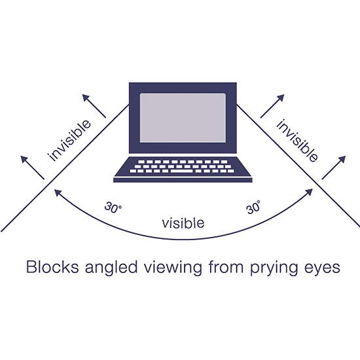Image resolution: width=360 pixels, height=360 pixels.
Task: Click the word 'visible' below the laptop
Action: [183, 223]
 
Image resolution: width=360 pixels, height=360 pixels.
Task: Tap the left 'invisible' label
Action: [69, 141]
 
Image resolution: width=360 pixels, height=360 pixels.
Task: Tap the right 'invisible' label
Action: [298, 141]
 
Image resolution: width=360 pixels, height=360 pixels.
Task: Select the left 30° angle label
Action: [113, 207]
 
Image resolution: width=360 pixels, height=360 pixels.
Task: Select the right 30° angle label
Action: [253, 207]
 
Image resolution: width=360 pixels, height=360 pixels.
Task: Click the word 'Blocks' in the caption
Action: [52, 267]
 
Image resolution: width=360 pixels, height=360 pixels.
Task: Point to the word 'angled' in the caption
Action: [111, 268]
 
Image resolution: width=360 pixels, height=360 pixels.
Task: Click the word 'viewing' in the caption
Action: [173, 268]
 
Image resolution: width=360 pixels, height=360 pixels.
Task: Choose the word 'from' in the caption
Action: [226, 267]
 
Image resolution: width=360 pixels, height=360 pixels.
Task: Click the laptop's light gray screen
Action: [183, 118]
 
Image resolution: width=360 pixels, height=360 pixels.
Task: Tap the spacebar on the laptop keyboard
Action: [181, 171]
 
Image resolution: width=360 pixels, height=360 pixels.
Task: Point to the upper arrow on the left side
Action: [94, 106]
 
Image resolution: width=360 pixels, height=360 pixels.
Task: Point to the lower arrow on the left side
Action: [32, 168]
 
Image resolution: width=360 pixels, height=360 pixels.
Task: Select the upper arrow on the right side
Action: [272, 106]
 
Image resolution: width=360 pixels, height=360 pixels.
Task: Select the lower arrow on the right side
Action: [334, 168]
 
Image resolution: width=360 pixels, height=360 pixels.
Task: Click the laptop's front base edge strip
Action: [183, 180]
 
